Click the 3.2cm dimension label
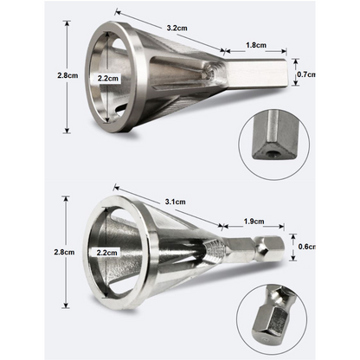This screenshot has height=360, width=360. coord(177,28)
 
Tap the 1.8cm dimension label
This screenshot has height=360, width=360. coord(256,45)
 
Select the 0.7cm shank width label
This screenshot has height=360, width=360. coord(306,74)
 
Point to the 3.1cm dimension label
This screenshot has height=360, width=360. coord(175,202)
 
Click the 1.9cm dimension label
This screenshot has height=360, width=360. coord(254,222)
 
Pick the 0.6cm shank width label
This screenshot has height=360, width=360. coord(306,247)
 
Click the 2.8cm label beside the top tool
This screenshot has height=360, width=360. coord(67,75)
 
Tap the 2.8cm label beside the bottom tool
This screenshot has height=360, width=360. coord(64,252)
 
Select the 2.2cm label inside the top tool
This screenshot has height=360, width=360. coord(107,78)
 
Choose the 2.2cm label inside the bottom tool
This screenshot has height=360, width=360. coord(106,253)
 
